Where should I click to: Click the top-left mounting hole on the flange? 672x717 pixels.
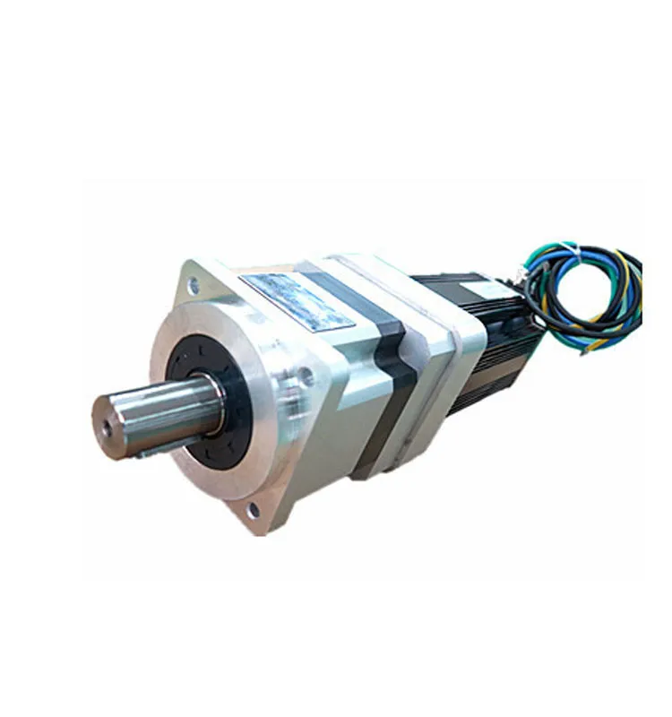194,286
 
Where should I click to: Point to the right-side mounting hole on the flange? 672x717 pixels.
308,375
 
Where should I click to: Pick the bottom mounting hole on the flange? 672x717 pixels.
253,510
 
